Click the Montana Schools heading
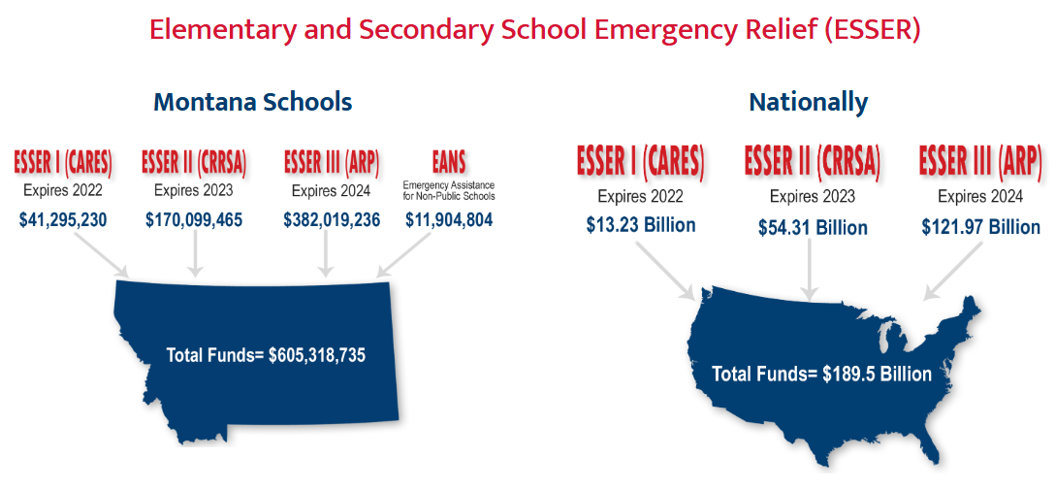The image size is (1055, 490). (252, 102)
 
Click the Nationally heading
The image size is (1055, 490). (808, 102)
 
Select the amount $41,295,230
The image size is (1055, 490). (63, 219)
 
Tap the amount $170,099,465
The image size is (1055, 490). (194, 219)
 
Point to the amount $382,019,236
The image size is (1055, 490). (332, 219)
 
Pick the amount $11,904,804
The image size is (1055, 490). (449, 219)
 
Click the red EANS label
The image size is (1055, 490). (449, 160)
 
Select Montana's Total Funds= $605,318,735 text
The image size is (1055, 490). (266, 355)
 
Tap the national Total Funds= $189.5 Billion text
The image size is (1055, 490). (821, 375)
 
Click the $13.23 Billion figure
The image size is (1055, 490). (640, 225)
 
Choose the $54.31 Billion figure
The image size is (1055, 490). (813, 228)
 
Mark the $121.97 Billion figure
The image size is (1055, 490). (980, 227)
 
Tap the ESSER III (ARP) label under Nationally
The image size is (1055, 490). (980, 160)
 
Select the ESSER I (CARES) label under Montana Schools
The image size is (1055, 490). (63, 160)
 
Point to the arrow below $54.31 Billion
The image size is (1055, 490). (811, 270)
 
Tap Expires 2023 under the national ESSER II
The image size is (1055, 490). (813, 197)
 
